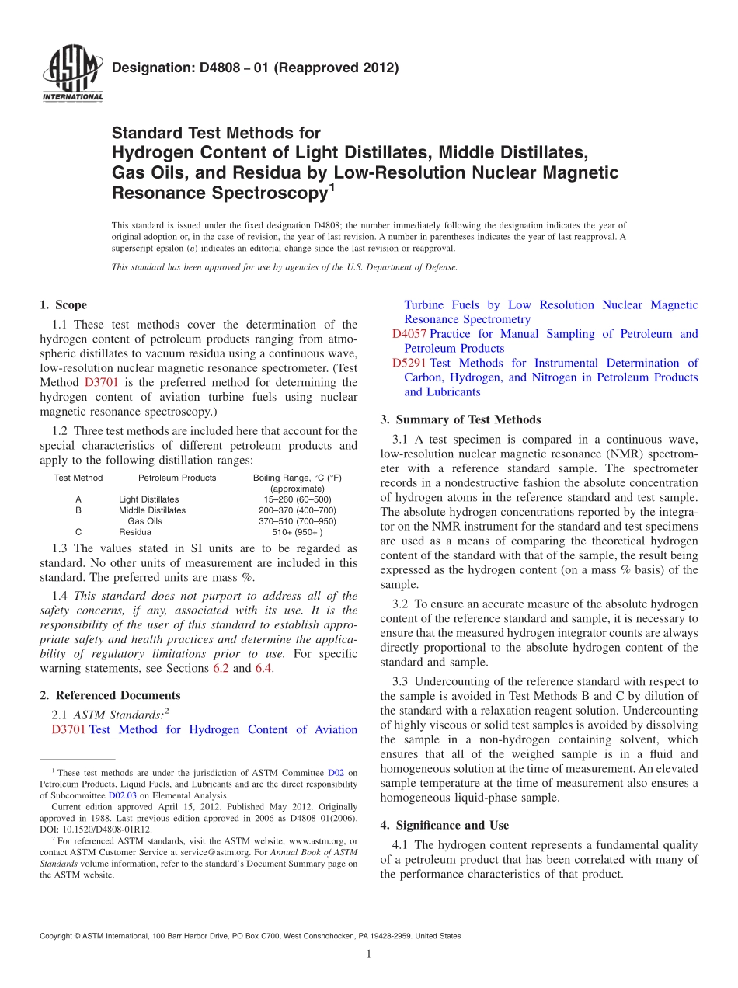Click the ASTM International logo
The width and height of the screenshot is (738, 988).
[x=71, y=75]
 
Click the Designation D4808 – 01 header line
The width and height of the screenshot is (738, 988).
[x=255, y=68]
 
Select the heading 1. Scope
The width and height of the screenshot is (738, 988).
[x=64, y=305]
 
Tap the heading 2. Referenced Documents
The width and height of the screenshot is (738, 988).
[x=110, y=695]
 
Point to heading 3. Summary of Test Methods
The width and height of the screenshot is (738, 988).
[x=461, y=419]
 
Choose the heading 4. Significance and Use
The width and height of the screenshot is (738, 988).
[x=444, y=825]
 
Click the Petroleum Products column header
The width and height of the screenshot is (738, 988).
[x=177, y=478]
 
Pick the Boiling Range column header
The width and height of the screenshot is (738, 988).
[x=297, y=478]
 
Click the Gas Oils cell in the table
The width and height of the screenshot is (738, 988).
[x=144, y=521]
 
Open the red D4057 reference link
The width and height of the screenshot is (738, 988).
[x=409, y=334]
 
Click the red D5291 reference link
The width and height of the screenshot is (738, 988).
[x=409, y=363]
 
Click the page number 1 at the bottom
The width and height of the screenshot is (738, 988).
[x=369, y=954]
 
